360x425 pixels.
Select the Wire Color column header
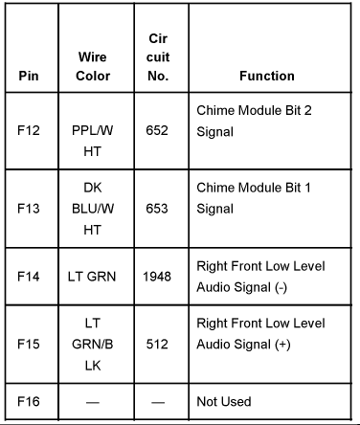pyautogui.click(x=92, y=66)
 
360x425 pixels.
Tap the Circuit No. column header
pyautogui.click(x=158, y=56)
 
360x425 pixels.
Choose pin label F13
pyautogui.click(x=31, y=207)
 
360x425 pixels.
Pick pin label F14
pyautogui.click(x=31, y=277)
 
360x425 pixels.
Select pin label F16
pyautogui.click(x=31, y=402)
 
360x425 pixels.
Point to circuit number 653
pyautogui.click(x=157, y=207)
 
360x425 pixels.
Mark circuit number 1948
pyautogui.click(x=157, y=277)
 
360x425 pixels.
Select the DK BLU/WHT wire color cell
pyautogui.click(x=92, y=207)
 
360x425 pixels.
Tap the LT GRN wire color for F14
pyautogui.click(x=92, y=277)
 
